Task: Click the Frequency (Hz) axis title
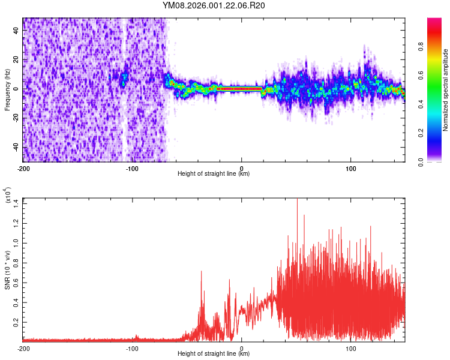pos(7,90)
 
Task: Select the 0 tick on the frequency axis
pos(17,89)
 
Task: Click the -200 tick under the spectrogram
pos(23,168)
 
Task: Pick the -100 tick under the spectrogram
pos(132,168)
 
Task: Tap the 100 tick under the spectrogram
pos(350,168)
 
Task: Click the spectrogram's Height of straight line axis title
pos(214,174)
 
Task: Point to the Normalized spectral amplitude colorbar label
pos(446,90)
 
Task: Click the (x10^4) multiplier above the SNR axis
pos(8,197)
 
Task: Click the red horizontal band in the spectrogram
pos(240,89)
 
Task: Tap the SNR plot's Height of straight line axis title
pos(214,354)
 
